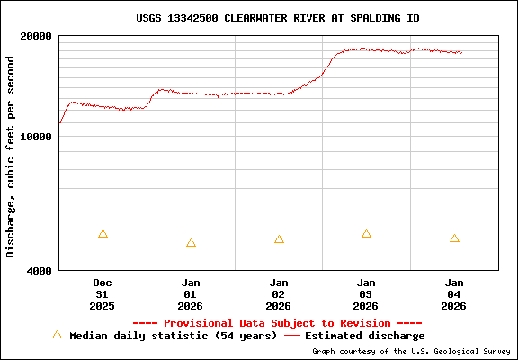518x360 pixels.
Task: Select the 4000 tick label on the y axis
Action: coord(37,270)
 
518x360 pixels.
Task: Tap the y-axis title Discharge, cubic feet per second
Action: coord(11,157)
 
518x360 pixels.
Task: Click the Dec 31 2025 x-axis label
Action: coord(103,293)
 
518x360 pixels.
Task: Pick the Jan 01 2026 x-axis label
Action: coord(191,293)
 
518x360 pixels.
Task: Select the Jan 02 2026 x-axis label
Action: coord(279,293)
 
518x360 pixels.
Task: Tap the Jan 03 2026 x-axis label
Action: coord(366,293)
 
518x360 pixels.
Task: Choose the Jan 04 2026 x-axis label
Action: coord(454,293)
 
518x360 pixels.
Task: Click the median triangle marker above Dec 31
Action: coord(103,234)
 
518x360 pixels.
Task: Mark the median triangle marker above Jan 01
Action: coord(191,243)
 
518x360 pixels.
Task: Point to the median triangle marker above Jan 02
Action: coord(279,239)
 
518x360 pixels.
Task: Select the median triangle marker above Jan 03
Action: coord(366,234)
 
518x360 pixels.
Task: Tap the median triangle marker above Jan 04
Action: coord(454,238)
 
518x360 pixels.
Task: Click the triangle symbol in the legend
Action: coord(57,335)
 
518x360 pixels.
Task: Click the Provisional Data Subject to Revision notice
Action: coord(277,322)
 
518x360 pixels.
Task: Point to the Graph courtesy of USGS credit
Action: coord(412,351)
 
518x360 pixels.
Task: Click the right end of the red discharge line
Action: coord(461,52)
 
